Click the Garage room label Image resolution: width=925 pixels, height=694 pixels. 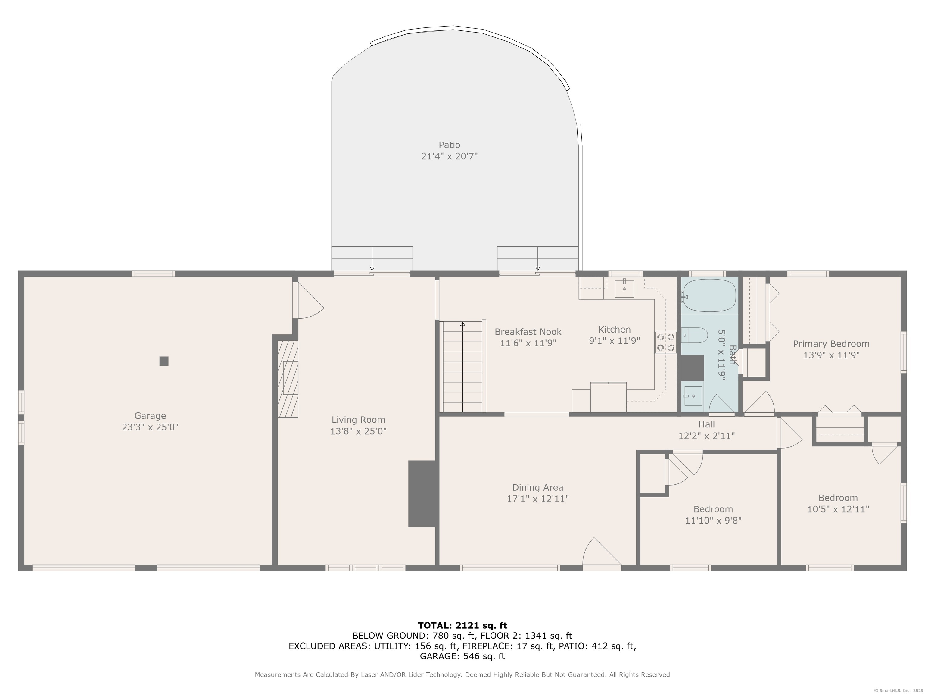pyautogui.click(x=150, y=416)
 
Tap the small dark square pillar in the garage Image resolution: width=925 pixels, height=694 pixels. pyautogui.click(x=164, y=361)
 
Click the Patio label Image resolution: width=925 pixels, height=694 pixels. pyautogui.click(x=450, y=145)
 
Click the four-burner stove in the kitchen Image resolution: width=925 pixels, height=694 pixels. pyautogui.click(x=666, y=342)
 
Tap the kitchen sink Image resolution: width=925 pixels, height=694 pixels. pyautogui.click(x=624, y=289)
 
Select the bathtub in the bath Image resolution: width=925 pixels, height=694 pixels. pyautogui.click(x=709, y=295)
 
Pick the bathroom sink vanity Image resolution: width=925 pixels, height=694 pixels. pyautogui.click(x=693, y=396)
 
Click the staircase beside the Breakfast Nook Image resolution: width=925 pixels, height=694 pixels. pyautogui.click(x=462, y=367)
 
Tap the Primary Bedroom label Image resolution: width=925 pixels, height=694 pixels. pyautogui.click(x=831, y=344)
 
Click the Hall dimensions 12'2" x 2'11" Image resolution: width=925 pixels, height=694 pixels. pyautogui.click(x=707, y=436)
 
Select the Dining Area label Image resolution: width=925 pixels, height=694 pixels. pyautogui.click(x=538, y=488)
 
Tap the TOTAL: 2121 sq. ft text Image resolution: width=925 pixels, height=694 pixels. pyautogui.click(x=462, y=625)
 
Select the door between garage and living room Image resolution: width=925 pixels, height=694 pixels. pyautogui.click(x=308, y=300)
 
